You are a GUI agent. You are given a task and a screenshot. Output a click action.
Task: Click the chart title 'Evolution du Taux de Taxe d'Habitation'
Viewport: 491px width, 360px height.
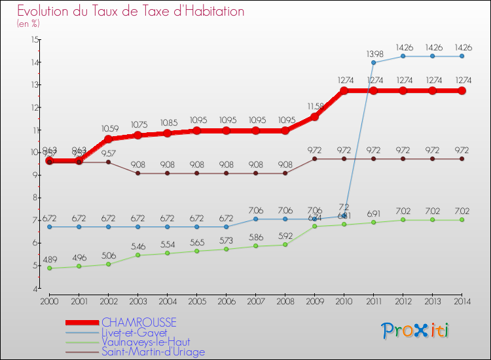click(x=131, y=11)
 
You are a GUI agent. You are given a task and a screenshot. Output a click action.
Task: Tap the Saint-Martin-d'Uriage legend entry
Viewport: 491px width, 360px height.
click(x=154, y=351)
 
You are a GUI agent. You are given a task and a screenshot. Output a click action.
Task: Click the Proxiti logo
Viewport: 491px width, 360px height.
click(x=416, y=331)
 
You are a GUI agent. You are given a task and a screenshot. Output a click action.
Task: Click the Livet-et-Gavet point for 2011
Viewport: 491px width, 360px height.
click(x=373, y=63)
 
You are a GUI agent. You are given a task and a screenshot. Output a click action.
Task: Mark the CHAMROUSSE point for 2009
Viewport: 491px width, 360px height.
click(x=314, y=117)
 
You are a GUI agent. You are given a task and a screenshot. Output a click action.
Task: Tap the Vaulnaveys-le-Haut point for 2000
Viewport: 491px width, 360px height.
click(x=49, y=268)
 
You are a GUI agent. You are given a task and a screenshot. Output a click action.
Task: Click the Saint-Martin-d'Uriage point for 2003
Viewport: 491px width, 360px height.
click(x=137, y=173)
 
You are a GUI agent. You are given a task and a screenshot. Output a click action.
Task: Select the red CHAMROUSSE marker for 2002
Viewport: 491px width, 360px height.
click(x=108, y=139)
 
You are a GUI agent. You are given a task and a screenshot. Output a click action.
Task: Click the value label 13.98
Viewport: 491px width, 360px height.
click(x=374, y=53)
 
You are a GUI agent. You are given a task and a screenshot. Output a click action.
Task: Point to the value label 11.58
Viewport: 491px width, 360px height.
click(x=315, y=106)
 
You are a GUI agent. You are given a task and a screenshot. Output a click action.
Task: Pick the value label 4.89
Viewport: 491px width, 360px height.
click(x=50, y=259)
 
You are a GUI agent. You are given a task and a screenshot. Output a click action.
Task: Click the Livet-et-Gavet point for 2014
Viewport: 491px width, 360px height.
click(x=462, y=56)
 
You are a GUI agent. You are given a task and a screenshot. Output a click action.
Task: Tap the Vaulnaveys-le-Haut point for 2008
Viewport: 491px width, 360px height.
click(x=285, y=245)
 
